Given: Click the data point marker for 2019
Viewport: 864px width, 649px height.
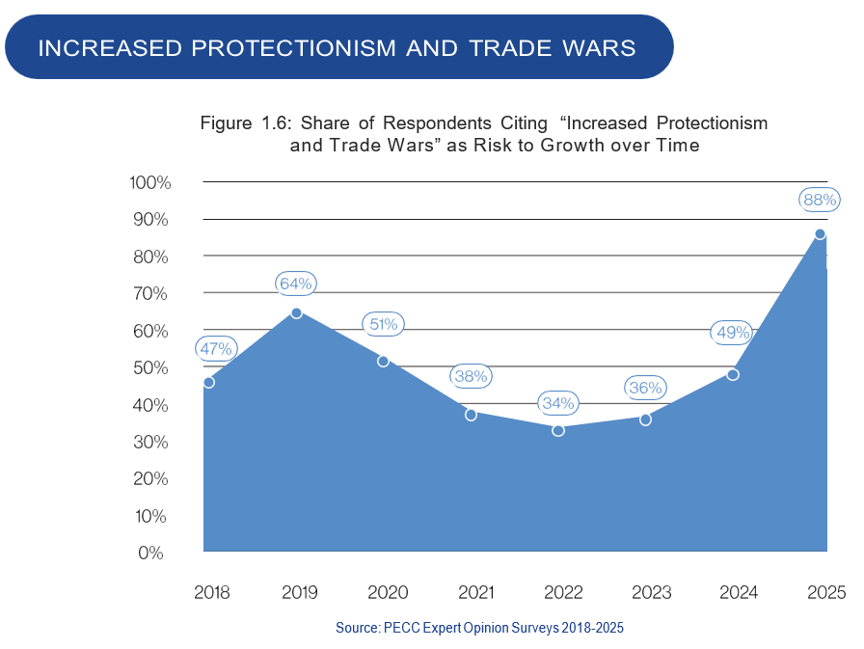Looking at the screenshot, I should pyautogui.click(x=296, y=312).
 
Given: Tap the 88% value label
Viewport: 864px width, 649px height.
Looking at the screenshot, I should pyautogui.click(x=820, y=201).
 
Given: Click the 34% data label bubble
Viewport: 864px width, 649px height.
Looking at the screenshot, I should pyautogui.click(x=558, y=403).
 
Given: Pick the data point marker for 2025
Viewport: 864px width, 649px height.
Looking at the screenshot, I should pyautogui.click(x=820, y=234).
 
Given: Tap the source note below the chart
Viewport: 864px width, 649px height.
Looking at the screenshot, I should pyautogui.click(x=479, y=628).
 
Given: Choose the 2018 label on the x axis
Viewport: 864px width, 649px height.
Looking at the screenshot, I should pyautogui.click(x=211, y=591).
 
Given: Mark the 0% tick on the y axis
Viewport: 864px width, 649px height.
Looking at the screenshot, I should pyautogui.click(x=154, y=553).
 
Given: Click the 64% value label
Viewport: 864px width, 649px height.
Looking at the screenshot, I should pyautogui.click(x=295, y=284).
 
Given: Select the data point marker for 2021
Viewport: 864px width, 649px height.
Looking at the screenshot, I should pyautogui.click(x=471, y=415).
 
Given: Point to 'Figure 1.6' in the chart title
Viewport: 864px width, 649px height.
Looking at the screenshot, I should pyautogui.click(x=247, y=123).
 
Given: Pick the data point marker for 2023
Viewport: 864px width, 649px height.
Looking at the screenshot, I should pyautogui.click(x=645, y=419).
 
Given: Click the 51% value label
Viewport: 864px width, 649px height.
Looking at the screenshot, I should pyautogui.click(x=383, y=324).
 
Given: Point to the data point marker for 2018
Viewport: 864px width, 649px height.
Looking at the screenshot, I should pyautogui.click(x=209, y=382).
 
